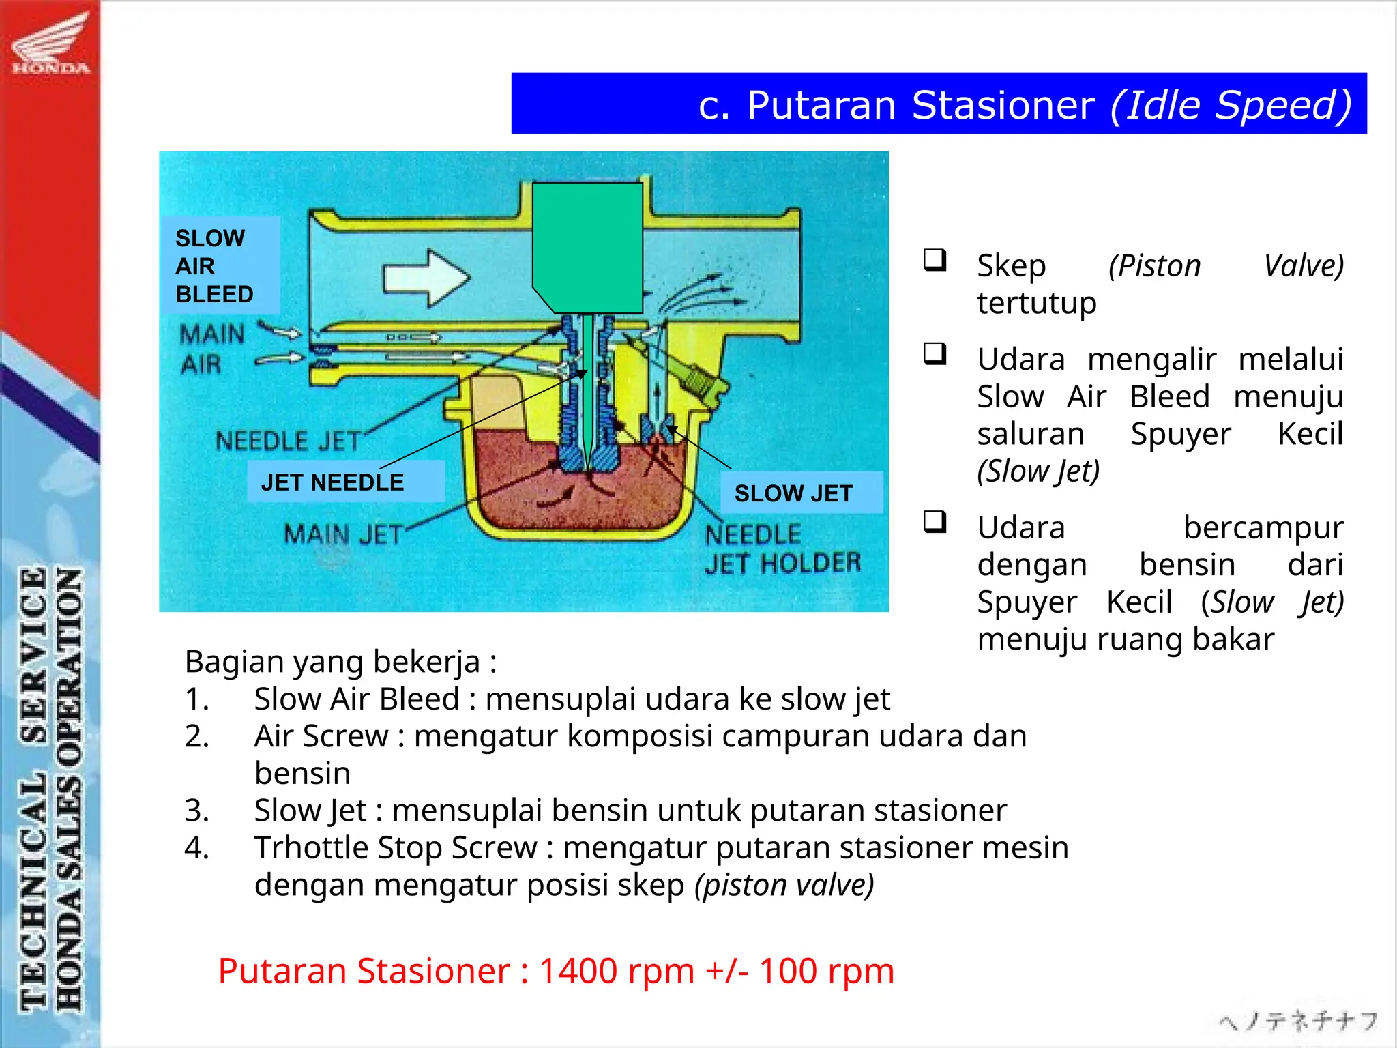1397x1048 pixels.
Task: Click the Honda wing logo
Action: click(x=51, y=42)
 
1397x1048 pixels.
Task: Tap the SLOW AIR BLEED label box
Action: click(x=220, y=266)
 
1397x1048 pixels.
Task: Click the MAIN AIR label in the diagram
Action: click(x=211, y=349)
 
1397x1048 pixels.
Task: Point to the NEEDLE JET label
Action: click(x=288, y=441)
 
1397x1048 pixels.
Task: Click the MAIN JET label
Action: click(x=343, y=534)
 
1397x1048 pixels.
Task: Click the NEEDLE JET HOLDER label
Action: click(x=782, y=549)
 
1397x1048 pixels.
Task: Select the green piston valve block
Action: click(x=587, y=246)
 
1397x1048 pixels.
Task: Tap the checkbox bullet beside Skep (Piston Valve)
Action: click(x=935, y=261)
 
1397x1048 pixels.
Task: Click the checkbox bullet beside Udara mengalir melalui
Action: click(x=935, y=353)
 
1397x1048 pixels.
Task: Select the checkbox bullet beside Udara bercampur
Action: click(x=935, y=522)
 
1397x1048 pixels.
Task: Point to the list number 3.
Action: click(x=196, y=811)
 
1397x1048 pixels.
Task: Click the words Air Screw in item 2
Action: click(x=321, y=736)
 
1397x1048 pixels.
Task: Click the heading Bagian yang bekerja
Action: click(x=340, y=662)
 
